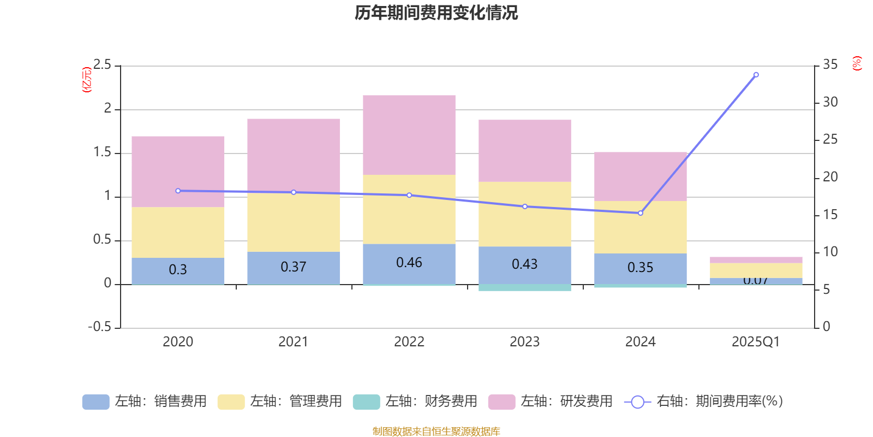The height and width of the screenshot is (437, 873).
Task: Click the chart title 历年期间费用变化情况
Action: tap(436, 13)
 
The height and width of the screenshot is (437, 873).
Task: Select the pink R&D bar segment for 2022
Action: tap(409, 135)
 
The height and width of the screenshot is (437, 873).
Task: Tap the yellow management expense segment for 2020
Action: tap(178, 232)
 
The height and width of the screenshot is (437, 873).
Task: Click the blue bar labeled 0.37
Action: tap(294, 268)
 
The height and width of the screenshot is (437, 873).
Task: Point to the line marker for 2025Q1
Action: tap(756, 75)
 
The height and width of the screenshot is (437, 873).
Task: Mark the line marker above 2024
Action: tap(641, 213)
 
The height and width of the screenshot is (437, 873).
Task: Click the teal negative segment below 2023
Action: tap(525, 287)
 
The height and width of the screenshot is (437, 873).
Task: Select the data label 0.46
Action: tap(409, 263)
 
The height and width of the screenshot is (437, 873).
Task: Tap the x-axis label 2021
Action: tap(294, 342)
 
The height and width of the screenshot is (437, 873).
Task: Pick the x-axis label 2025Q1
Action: tap(756, 342)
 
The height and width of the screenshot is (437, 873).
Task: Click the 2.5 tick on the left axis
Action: tap(102, 66)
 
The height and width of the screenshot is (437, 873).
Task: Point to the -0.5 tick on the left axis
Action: tap(100, 327)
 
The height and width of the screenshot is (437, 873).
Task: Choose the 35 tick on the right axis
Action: tap(830, 65)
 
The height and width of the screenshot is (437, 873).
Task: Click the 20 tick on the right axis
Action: tap(830, 177)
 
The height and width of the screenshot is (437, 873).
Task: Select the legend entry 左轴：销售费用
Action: tap(145, 401)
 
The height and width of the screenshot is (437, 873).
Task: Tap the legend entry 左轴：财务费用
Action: tap(415, 401)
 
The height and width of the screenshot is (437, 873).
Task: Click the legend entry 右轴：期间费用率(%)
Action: tap(704, 401)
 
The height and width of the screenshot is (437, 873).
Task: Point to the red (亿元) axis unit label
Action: tap(87, 80)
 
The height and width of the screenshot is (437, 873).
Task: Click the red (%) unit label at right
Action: tap(857, 63)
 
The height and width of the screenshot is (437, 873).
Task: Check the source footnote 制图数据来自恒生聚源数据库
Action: tap(436, 432)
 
